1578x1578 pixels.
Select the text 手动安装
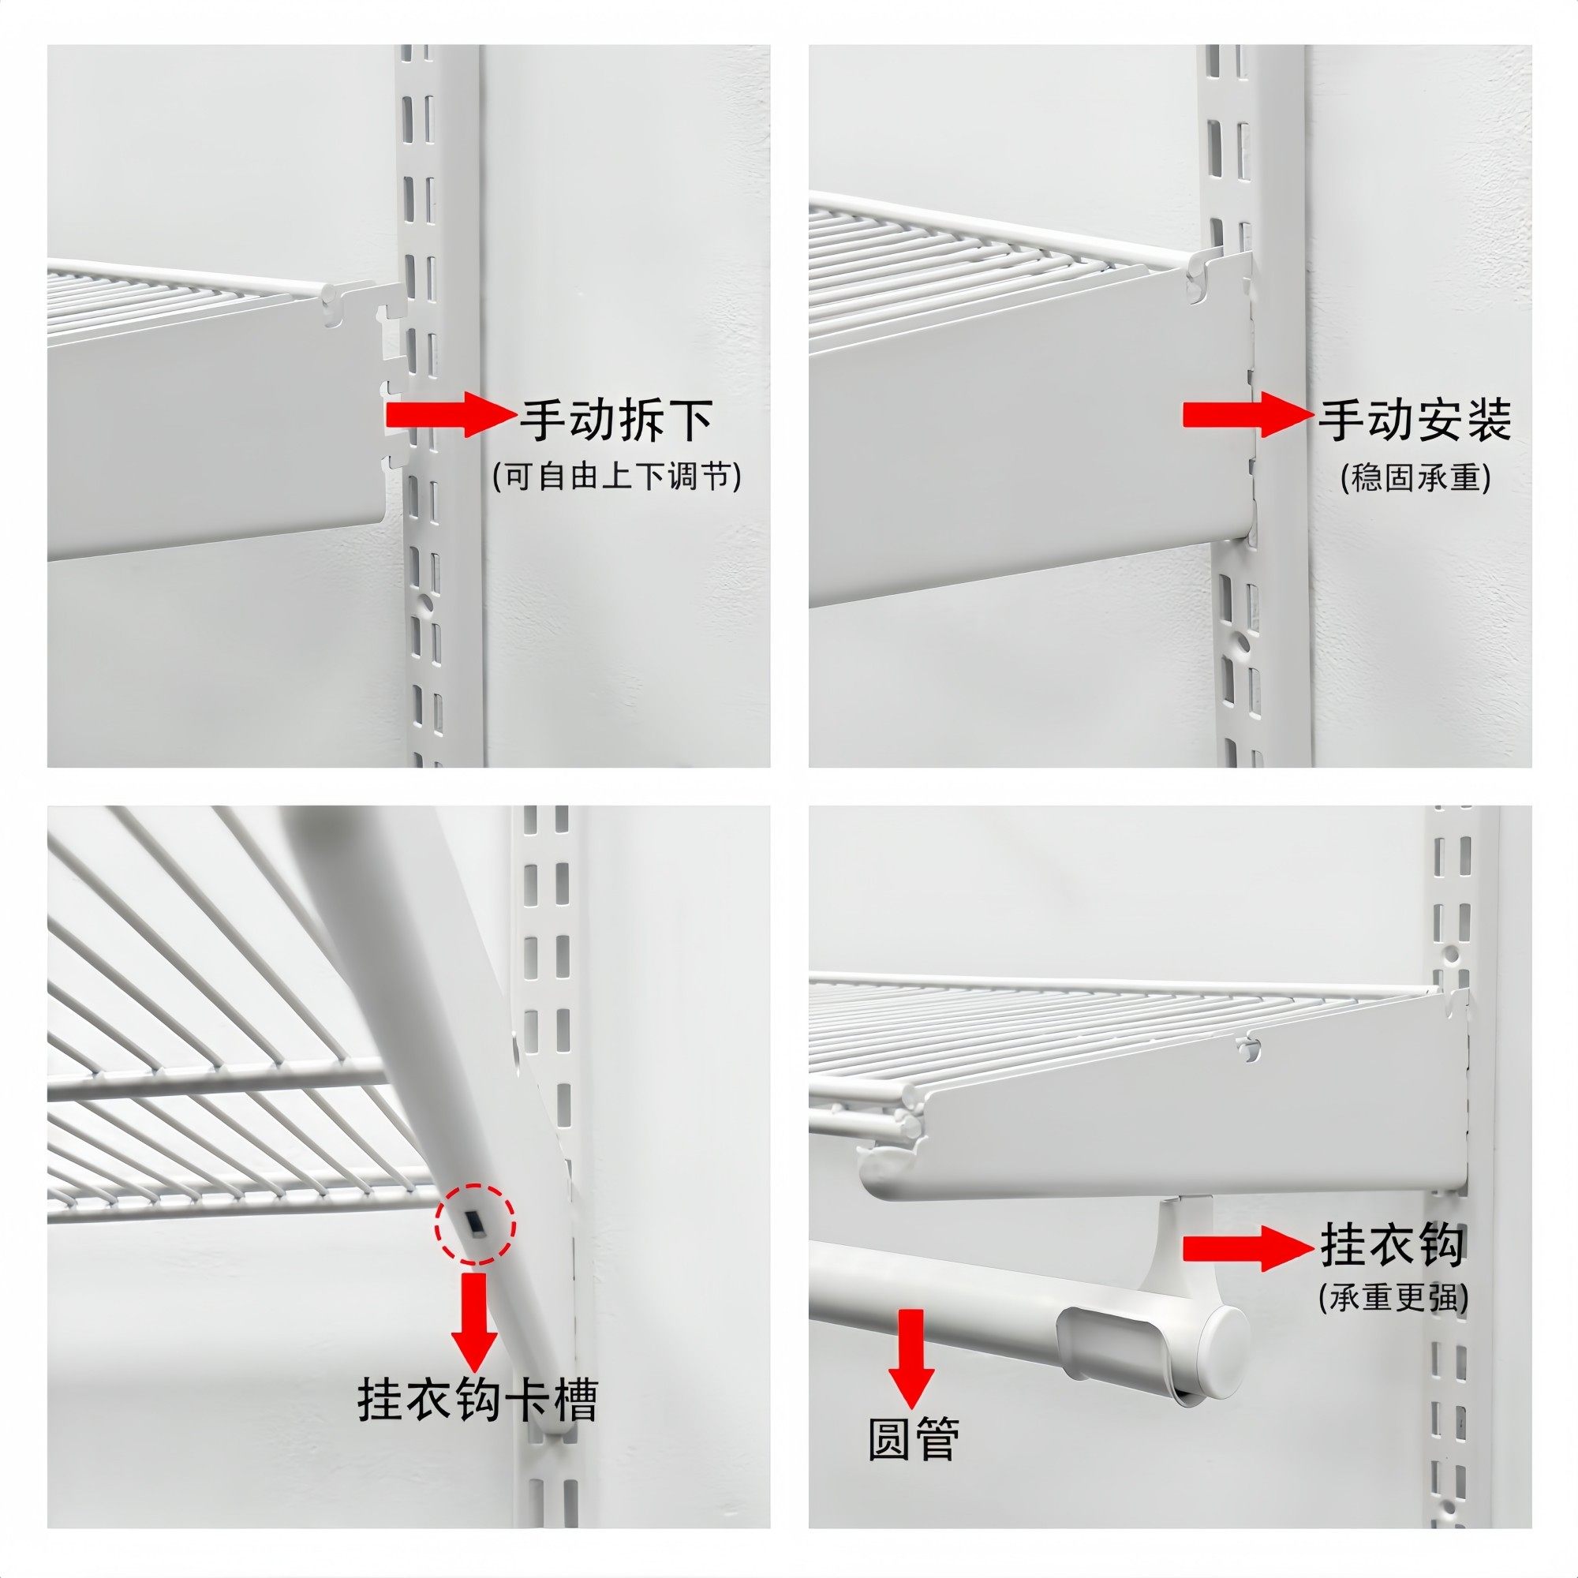[x=1415, y=421]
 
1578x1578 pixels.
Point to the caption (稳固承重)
[x=1416, y=478]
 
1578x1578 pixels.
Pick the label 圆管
[x=913, y=1439]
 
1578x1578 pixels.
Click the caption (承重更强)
[x=1393, y=1296]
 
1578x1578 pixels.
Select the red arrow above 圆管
[x=911, y=1355]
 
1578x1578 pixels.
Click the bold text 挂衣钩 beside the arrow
[x=1392, y=1246]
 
